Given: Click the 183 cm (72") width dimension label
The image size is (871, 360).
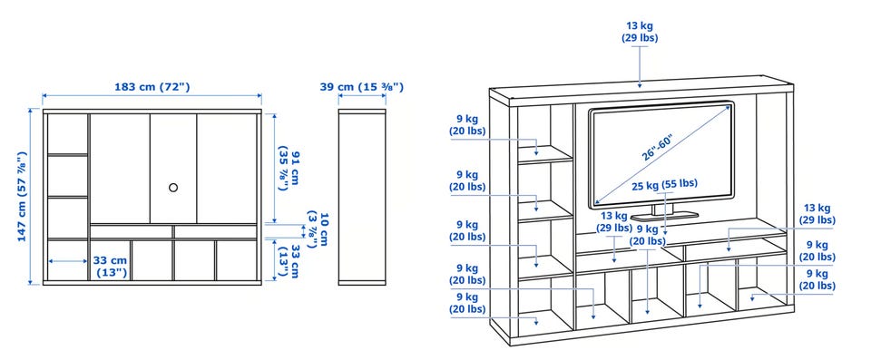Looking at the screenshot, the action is pos(152,87).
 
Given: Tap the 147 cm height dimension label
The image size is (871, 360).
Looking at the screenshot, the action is pos(22,196).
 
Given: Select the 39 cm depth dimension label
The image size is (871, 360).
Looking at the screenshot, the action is pos(362,87).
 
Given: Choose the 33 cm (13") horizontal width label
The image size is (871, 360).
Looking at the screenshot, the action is pos(110,266).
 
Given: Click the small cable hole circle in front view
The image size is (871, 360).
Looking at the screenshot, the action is pos(173,188).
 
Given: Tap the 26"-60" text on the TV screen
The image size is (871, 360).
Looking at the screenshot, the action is pos(658,147).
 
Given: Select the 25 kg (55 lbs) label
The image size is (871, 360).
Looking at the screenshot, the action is pos(664,184).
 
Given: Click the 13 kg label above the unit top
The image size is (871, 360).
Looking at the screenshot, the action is pos(640,32).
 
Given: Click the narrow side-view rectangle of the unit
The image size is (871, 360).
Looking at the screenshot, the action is pos(362,197).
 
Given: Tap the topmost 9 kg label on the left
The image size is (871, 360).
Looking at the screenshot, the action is pos(468,125).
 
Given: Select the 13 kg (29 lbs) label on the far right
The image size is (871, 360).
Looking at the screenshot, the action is pos(817,214).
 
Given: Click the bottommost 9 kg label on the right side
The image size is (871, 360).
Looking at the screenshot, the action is pos(817,280).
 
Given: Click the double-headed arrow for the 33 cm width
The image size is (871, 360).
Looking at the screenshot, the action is pos(68,260).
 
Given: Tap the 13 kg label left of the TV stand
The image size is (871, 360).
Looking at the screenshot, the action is pos(614,221).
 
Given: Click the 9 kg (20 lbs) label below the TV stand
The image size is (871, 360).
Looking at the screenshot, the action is pos(648,235).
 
